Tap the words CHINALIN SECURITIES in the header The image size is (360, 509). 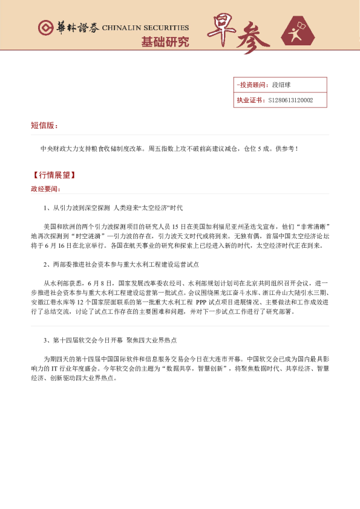(x=145, y=28)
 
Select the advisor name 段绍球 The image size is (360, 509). (x=283, y=85)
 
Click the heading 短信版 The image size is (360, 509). (x=44, y=126)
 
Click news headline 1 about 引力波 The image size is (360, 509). (x=113, y=208)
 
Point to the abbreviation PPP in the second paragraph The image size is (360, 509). (x=203, y=300)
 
